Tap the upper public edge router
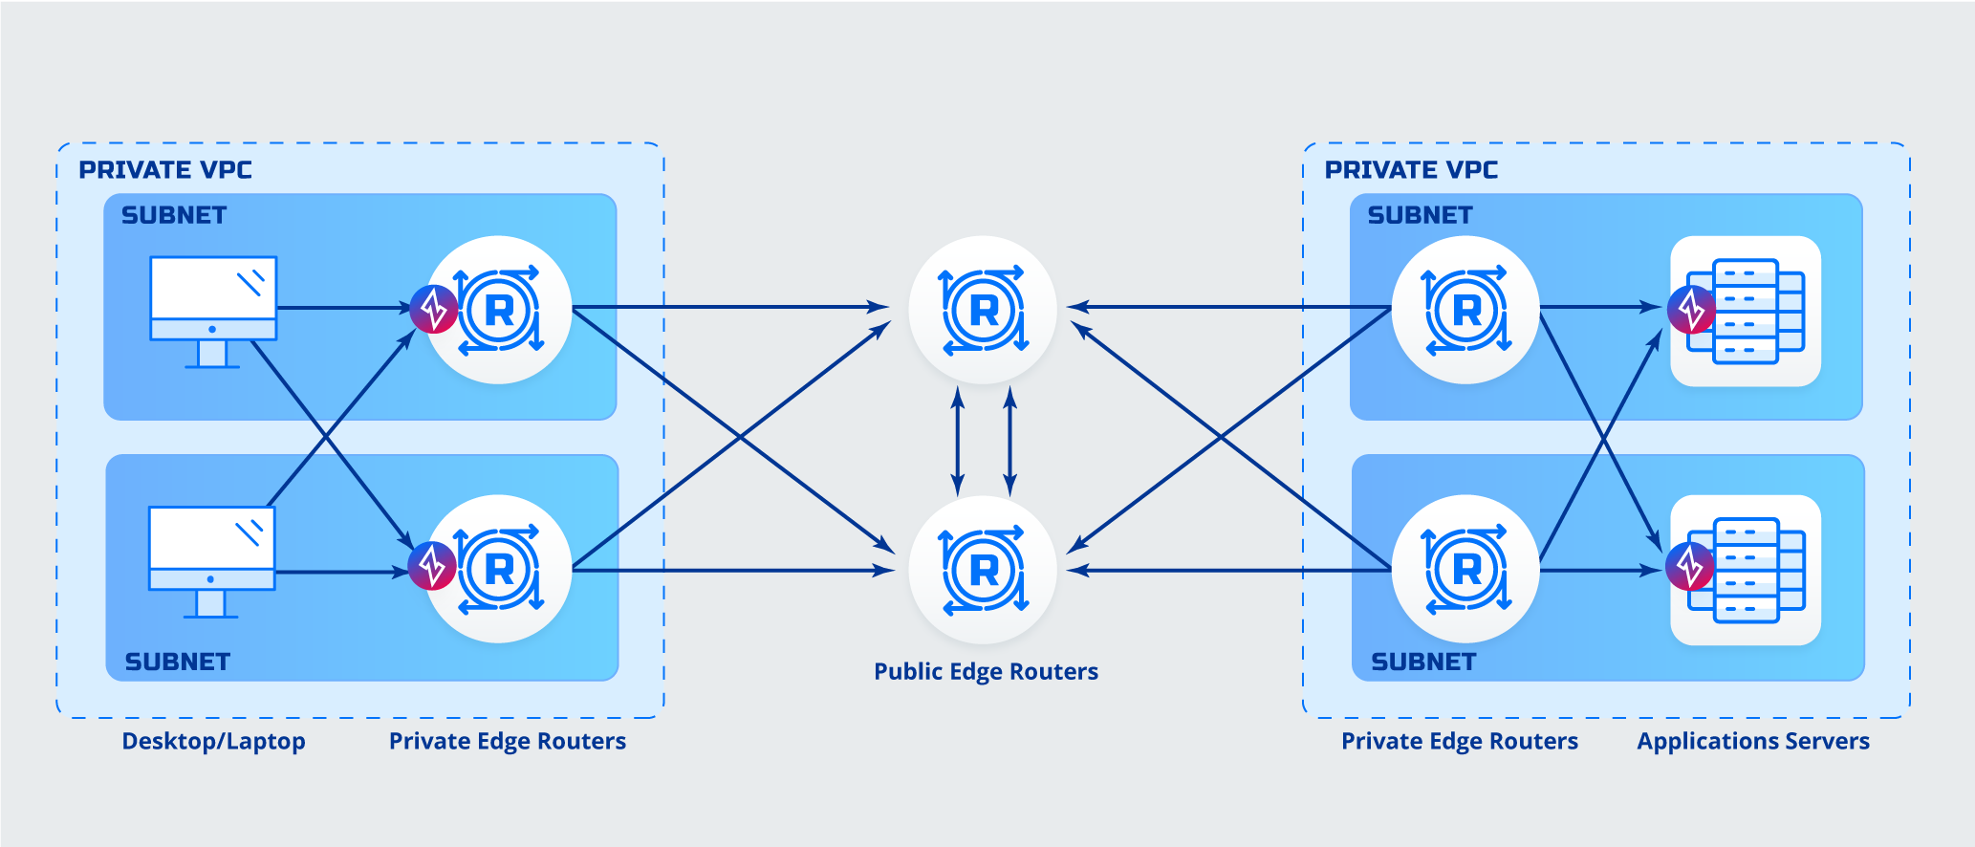pos(983,310)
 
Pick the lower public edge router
pos(983,570)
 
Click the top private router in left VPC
pos(499,310)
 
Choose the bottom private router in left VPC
pos(499,569)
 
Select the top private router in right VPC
pos(1465,310)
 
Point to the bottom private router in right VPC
pos(1465,569)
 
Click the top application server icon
pos(1746,311)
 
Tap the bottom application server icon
pos(1746,570)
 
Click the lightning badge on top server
pos(1691,310)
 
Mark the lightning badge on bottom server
pos(1689,567)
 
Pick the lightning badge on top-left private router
pos(434,309)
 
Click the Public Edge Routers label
pos(986,671)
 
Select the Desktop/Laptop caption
pos(213,741)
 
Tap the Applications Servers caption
pos(1752,741)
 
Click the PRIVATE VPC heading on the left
pos(165,170)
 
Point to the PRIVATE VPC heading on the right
pos(1411,170)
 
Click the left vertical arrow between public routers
pos(958,440)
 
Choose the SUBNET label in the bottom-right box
pos(1423,662)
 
